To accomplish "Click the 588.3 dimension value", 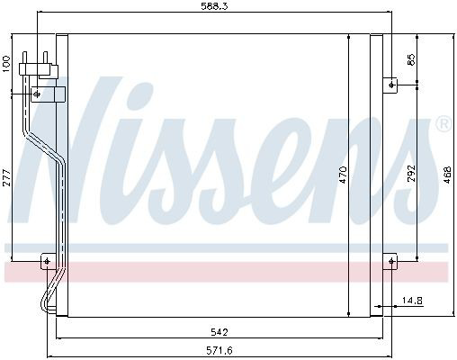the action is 214,6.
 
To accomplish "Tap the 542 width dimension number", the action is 220,332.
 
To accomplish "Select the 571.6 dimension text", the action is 220,350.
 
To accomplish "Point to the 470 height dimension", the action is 343,175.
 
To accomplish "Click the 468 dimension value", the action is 447,175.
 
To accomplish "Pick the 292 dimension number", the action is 412,173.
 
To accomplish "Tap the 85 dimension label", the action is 412,59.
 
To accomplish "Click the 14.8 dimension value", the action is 412,300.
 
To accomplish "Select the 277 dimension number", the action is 6,177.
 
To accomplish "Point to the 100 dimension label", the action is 6,64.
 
